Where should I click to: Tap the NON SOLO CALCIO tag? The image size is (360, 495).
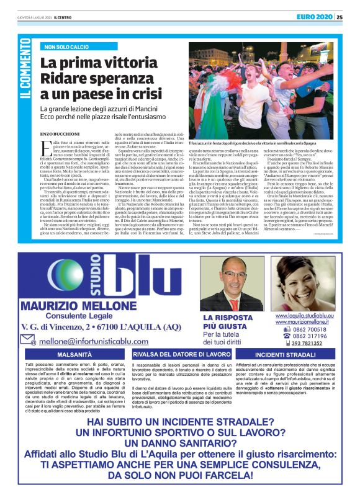click(70, 47)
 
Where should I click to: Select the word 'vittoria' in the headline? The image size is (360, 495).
click(128, 62)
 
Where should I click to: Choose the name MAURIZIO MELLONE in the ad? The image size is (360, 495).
click(78, 306)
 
